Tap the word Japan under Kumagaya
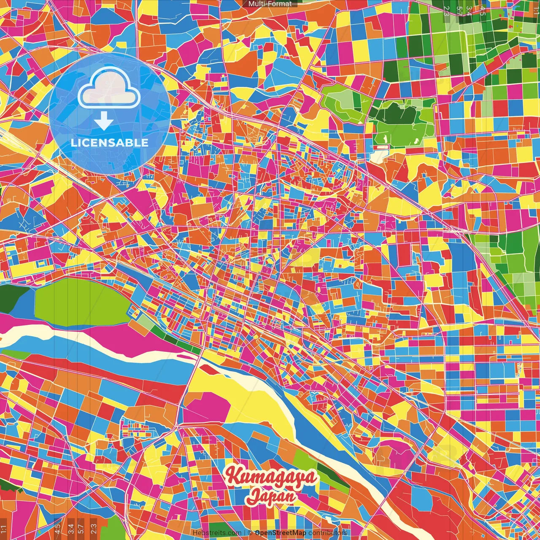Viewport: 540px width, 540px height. (x=271, y=496)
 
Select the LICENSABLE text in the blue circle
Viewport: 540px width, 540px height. (x=109, y=143)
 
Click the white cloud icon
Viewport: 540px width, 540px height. (x=109, y=90)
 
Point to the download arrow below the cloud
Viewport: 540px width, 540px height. (x=103, y=122)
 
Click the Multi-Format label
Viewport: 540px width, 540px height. (x=270, y=4)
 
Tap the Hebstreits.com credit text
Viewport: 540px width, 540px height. (x=217, y=533)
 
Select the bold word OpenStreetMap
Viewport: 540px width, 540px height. (x=281, y=533)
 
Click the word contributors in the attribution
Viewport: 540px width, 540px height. (x=327, y=533)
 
